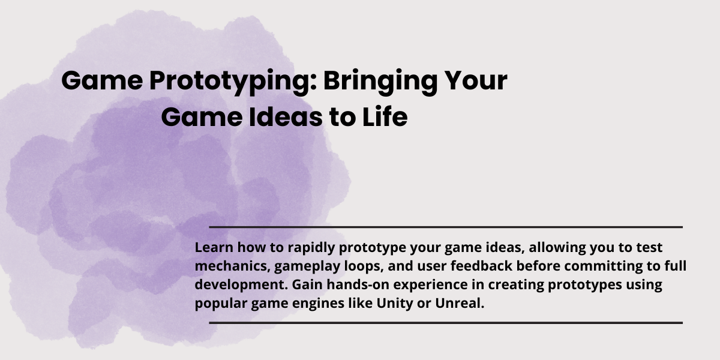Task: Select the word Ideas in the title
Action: click(x=286, y=117)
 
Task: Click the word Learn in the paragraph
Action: click(x=214, y=247)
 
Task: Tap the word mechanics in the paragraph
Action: click(x=232, y=266)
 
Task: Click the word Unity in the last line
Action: click(x=395, y=304)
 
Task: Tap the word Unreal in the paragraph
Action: click(x=460, y=303)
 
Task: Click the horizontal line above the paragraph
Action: click(x=446, y=227)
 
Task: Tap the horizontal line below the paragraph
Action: click(x=446, y=323)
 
